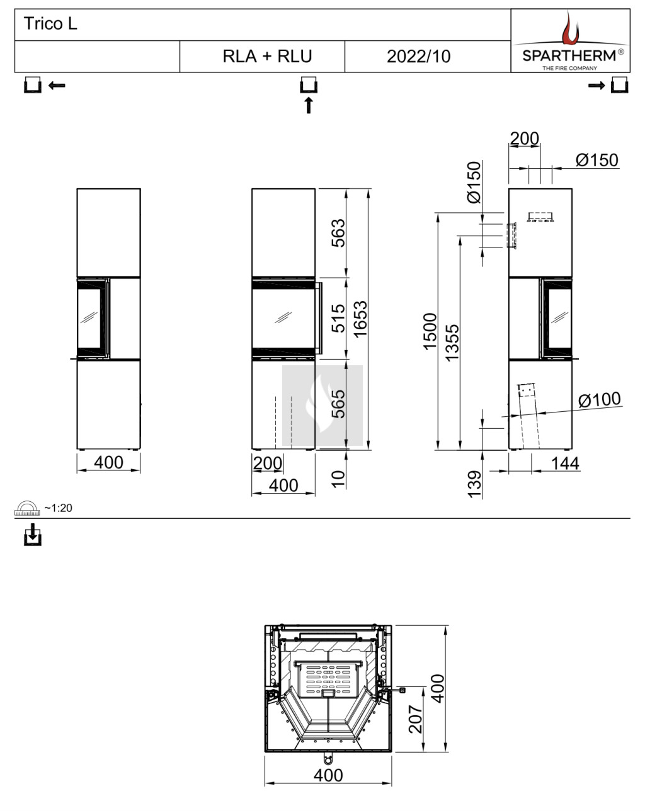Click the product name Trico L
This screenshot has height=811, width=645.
click(x=50, y=25)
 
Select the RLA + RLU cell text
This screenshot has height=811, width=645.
click(x=267, y=57)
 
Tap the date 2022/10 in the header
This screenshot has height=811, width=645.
click(x=418, y=57)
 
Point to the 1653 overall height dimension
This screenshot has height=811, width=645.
click(x=360, y=319)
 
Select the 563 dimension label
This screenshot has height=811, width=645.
click(x=338, y=232)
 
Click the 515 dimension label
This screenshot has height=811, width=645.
click(x=338, y=318)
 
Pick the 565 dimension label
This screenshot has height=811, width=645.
click(x=338, y=404)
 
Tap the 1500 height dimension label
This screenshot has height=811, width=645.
click(x=430, y=331)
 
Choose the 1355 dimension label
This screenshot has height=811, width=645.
click(x=452, y=342)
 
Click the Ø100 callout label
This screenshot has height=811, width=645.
click(x=599, y=399)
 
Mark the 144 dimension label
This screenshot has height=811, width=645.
click(x=565, y=463)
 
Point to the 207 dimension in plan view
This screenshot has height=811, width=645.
click(x=416, y=719)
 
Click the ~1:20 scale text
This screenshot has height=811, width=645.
click(x=58, y=508)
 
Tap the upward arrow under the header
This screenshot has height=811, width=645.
click(x=309, y=105)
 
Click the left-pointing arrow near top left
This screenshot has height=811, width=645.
click(x=57, y=85)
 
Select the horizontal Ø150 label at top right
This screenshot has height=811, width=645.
click(x=596, y=160)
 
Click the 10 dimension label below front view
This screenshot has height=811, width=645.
click(x=338, y=478)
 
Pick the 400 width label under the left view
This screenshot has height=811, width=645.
click(x=108, y=462)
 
